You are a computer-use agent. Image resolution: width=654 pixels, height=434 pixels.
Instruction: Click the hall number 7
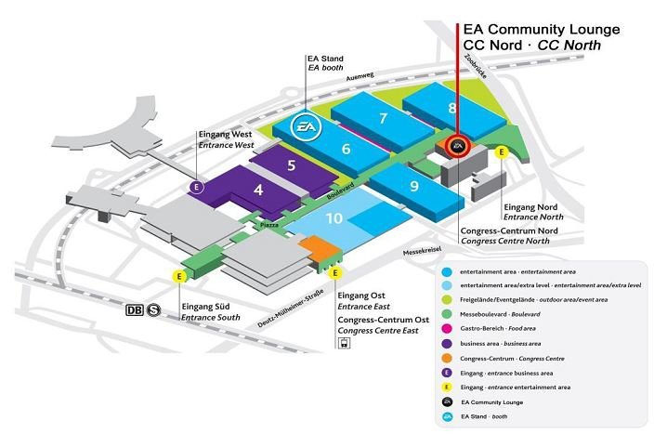click(383, 118)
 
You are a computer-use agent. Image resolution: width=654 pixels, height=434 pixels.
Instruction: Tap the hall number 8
click(452, 108)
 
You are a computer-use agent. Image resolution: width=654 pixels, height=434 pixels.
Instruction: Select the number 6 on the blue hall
click(346, 149)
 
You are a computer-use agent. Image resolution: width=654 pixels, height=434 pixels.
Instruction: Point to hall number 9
click(413, 184)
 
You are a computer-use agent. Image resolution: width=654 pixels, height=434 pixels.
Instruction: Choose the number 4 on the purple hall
click(258, 191)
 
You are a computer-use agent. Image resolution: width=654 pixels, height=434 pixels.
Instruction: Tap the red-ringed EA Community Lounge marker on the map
click(457, 146)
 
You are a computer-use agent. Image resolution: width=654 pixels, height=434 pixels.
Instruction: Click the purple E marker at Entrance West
click(196, 187)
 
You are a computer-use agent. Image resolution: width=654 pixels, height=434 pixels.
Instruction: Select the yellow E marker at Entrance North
click(503, 152)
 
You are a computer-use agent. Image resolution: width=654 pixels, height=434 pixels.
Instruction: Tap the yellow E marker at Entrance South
click(177, 276)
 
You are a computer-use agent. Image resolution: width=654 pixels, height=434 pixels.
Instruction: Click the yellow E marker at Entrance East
click(334, 273)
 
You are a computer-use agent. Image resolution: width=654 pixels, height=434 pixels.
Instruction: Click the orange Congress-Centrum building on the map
click(317, 249)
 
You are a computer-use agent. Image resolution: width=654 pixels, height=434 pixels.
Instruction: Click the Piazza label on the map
click(269, 224)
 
